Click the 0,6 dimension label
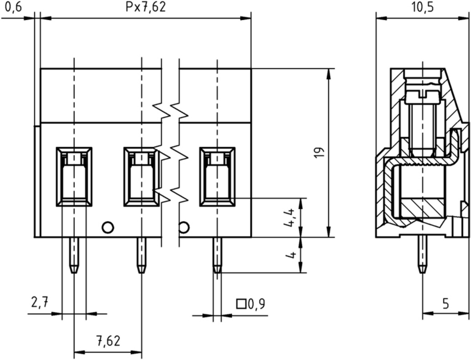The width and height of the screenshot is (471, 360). coord(14,7)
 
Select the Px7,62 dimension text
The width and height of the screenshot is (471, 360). coord(146,7)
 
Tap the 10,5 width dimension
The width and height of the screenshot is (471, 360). coord(422,7)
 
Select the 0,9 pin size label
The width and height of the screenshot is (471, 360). coord(256,304)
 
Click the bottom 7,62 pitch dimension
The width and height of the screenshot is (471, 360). coord(108,341)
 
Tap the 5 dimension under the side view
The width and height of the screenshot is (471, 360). coord(446,304)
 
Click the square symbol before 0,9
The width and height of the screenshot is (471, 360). coord(241,304)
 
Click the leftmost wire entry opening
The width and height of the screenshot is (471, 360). coord(74,177)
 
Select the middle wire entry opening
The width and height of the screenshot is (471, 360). coord(141,177)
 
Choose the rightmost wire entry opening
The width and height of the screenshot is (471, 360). coord(217,177)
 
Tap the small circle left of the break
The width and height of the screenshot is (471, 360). coord(108,227)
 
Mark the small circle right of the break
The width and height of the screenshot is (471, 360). coord(184,227)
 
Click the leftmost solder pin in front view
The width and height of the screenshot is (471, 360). coord(74,255)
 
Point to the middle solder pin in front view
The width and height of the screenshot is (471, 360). coord(141,255)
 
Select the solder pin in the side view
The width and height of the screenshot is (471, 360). coord(423,254)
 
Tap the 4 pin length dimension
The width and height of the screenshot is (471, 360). coord(291,255)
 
